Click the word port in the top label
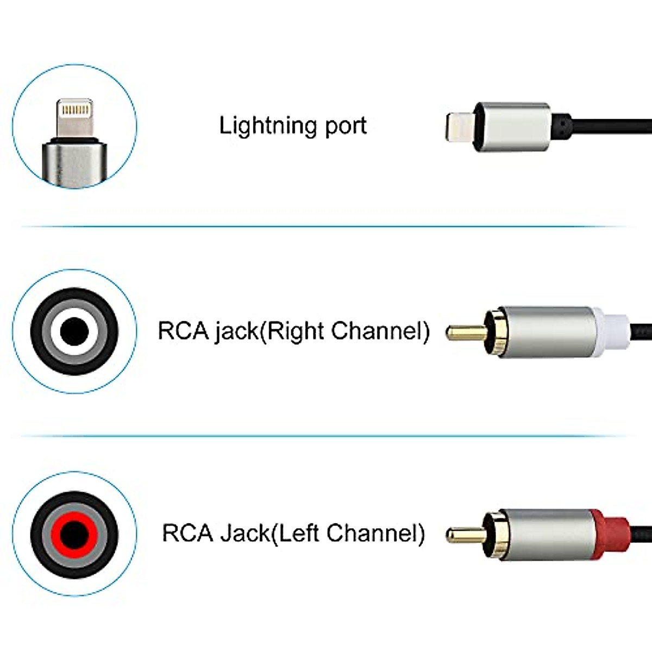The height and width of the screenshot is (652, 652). tap(346, 126)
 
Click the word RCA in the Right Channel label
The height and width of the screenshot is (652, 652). tap(183, 331)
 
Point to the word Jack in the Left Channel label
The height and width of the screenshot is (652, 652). tap(244, 533)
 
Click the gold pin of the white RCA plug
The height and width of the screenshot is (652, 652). tap(465, 332)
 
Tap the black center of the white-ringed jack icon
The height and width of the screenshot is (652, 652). tap(74, 331)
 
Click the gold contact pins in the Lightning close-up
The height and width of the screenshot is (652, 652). tap(74, 111)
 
